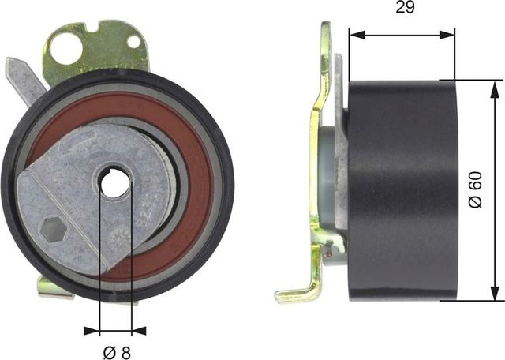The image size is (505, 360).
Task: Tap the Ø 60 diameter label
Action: click(474, 189)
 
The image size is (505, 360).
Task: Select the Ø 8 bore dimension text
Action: click(117, 350)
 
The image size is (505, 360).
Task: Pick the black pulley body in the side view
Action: click(402, 189)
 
